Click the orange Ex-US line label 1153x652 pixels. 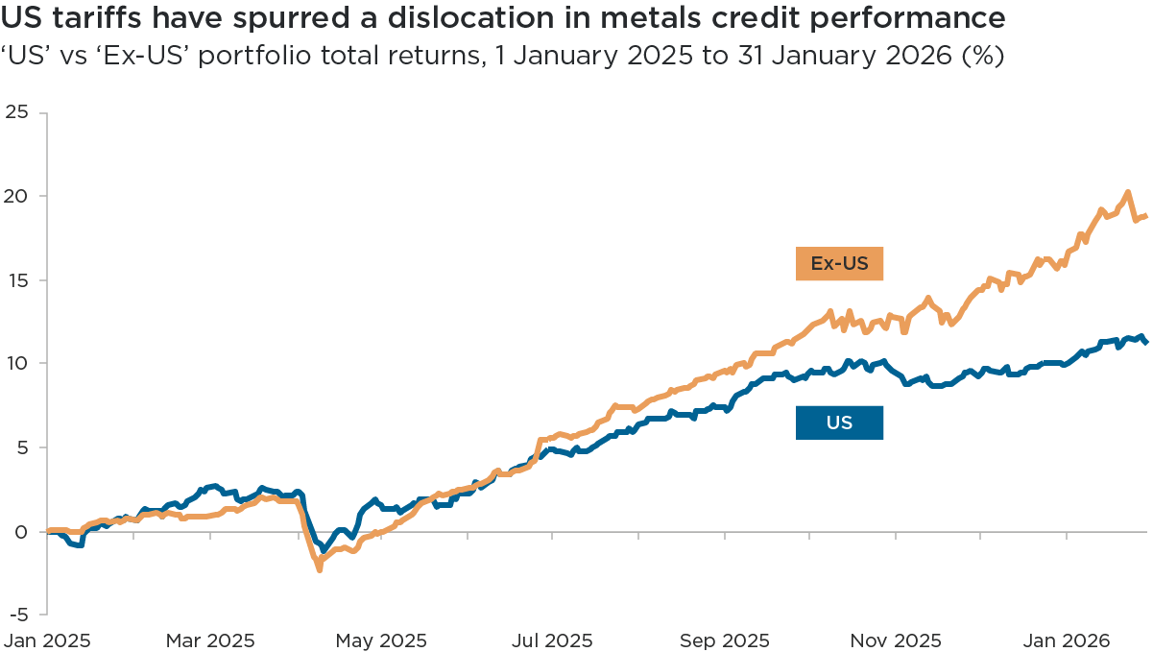coord(838,265)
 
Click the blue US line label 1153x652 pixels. coord(839,423)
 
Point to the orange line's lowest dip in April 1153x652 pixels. coord(319,570)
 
